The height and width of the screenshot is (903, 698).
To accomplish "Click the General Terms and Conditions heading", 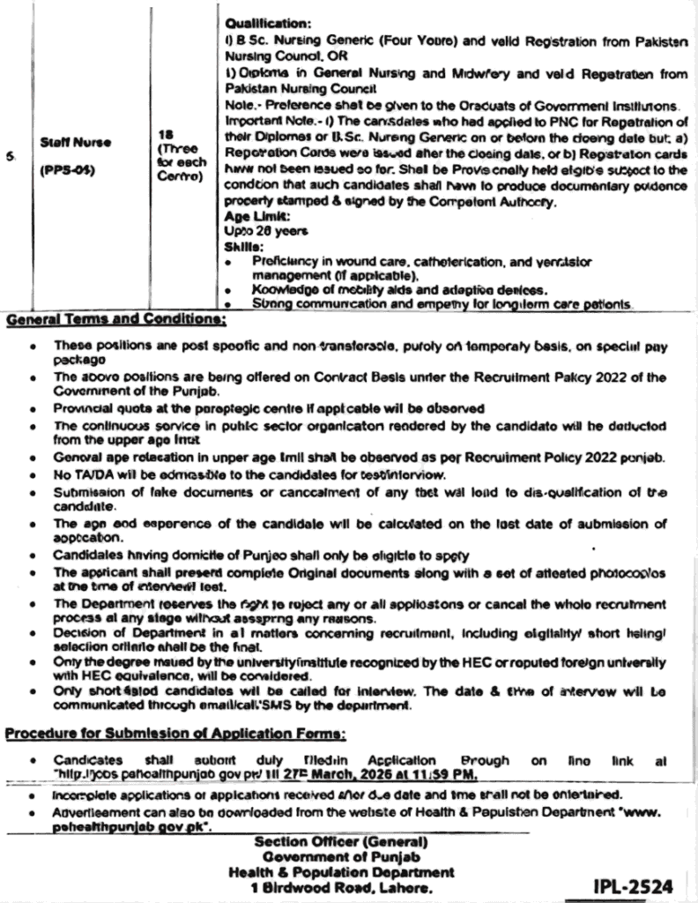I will pos(115,318).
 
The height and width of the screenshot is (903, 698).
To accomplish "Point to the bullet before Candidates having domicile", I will pos(33,557).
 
